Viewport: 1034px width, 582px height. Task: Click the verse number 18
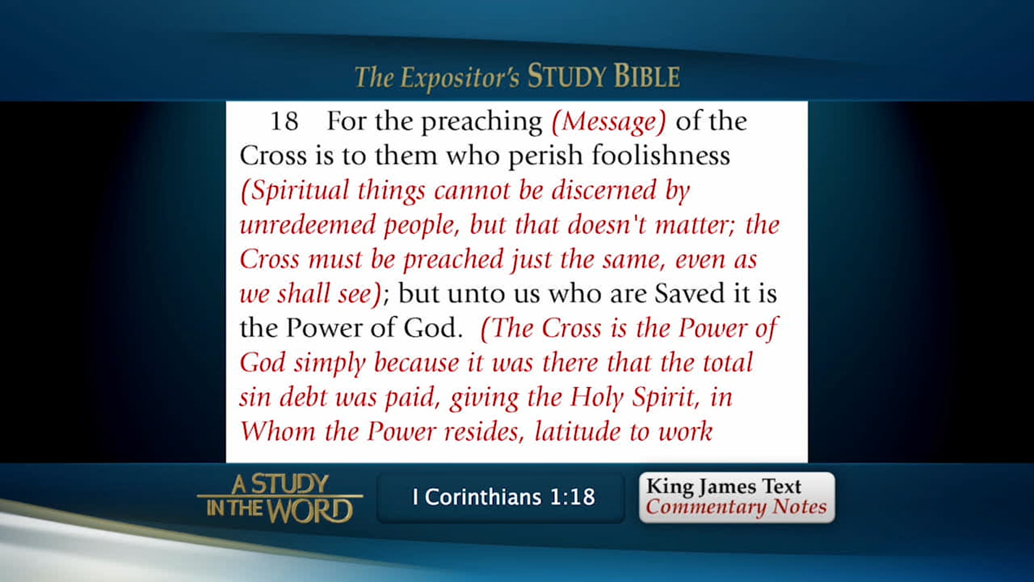(284, 121)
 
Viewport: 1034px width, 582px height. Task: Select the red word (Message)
(609, 122)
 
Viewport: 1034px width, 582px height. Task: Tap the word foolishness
(661, 156)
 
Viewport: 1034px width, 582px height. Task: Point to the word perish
(545, 156)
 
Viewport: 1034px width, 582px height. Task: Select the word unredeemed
(308, 225)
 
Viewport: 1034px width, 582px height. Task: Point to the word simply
(329, 363)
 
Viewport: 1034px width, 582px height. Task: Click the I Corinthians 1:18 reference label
(503, 497)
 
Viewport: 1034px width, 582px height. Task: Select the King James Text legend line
(723, 486)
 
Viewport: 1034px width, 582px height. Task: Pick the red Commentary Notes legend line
(736, 507)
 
